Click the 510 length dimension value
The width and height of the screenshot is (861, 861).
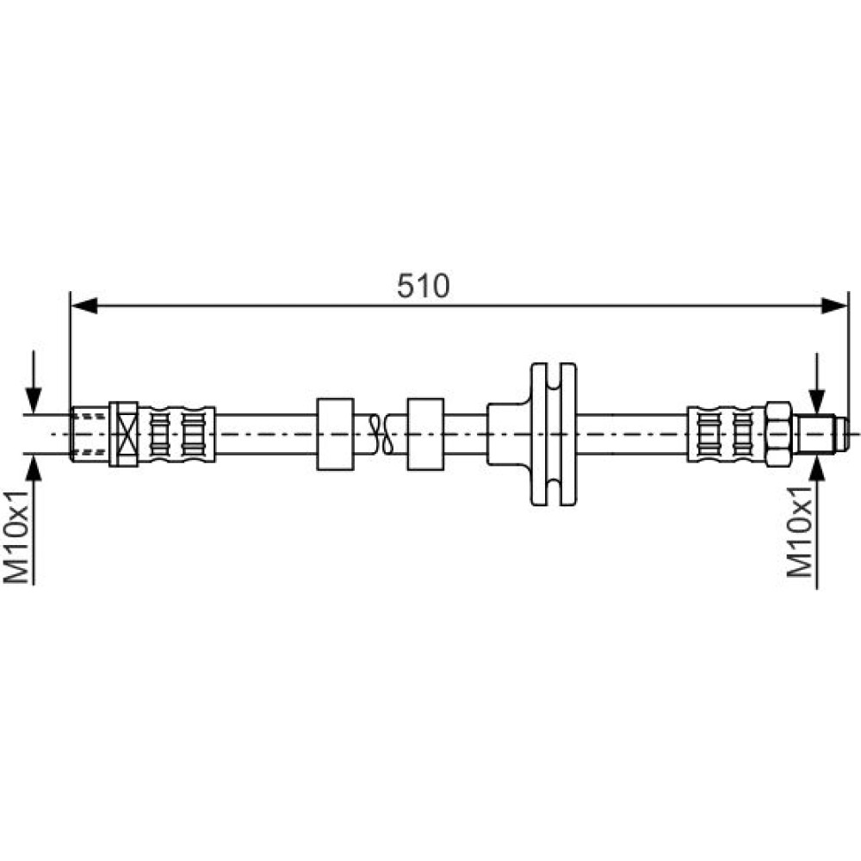click(x=423, y=286)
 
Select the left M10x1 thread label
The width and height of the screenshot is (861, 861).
click(x=15, y=536)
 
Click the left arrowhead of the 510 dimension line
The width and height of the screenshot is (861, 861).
click(x=84, y=306)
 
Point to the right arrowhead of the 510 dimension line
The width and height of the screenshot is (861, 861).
click(x=834, y=306)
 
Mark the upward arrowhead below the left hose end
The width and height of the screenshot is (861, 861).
click(x=34, y=468)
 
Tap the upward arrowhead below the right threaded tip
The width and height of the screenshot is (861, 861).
click(x=817, y=467)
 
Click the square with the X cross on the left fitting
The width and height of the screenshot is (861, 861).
click(x=123, y=434)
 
